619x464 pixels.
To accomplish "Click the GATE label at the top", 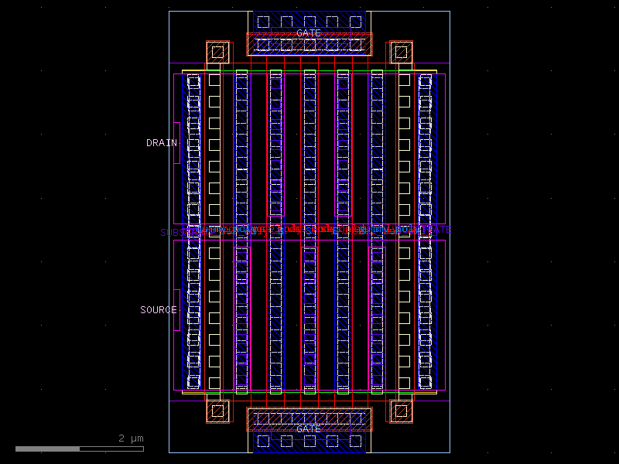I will [309, 33].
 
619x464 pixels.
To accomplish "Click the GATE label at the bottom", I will [309, 429].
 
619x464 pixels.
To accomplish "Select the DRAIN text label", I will [161, 143].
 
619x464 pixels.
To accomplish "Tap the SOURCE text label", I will [158, 310].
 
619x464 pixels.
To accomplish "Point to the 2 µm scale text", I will [131, 438].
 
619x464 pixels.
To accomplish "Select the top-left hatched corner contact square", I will [218, 53].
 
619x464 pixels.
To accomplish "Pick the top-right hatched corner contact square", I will [400, 53].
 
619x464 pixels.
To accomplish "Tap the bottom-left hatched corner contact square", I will [218, 411].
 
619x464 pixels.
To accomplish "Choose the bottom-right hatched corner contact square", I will [400, 411].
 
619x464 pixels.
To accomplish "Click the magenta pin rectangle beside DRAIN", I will [177, 142].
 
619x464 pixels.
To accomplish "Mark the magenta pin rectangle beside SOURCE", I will [177, 309].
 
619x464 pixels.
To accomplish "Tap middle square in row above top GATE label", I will [309, 22].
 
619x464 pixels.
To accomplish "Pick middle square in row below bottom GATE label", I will [309, 441].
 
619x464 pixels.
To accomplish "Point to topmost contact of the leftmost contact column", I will [193, 80].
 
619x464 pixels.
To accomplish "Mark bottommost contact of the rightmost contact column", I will [425, 382].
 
